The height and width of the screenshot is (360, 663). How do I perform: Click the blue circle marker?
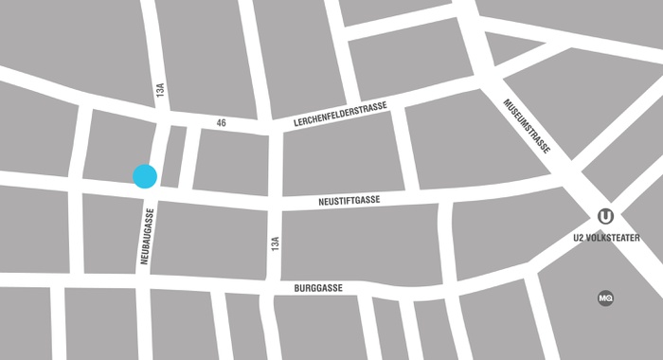click(x=144, y=176)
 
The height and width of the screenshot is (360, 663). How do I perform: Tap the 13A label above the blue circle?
click(x=162, y=91)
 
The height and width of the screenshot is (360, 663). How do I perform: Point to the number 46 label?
click(x=221, y=122)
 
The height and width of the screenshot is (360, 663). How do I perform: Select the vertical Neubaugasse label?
click(x=148, y=243)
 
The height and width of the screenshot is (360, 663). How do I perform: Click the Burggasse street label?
click(x=316, y=287)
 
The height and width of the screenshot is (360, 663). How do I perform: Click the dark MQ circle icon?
click(x=605, y=297)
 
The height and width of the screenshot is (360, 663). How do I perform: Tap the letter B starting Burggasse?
click(x=295, y=287)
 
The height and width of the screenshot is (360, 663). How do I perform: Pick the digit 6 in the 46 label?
click(x=224, y=122)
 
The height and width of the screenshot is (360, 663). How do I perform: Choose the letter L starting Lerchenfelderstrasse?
click(x=296, y=119)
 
